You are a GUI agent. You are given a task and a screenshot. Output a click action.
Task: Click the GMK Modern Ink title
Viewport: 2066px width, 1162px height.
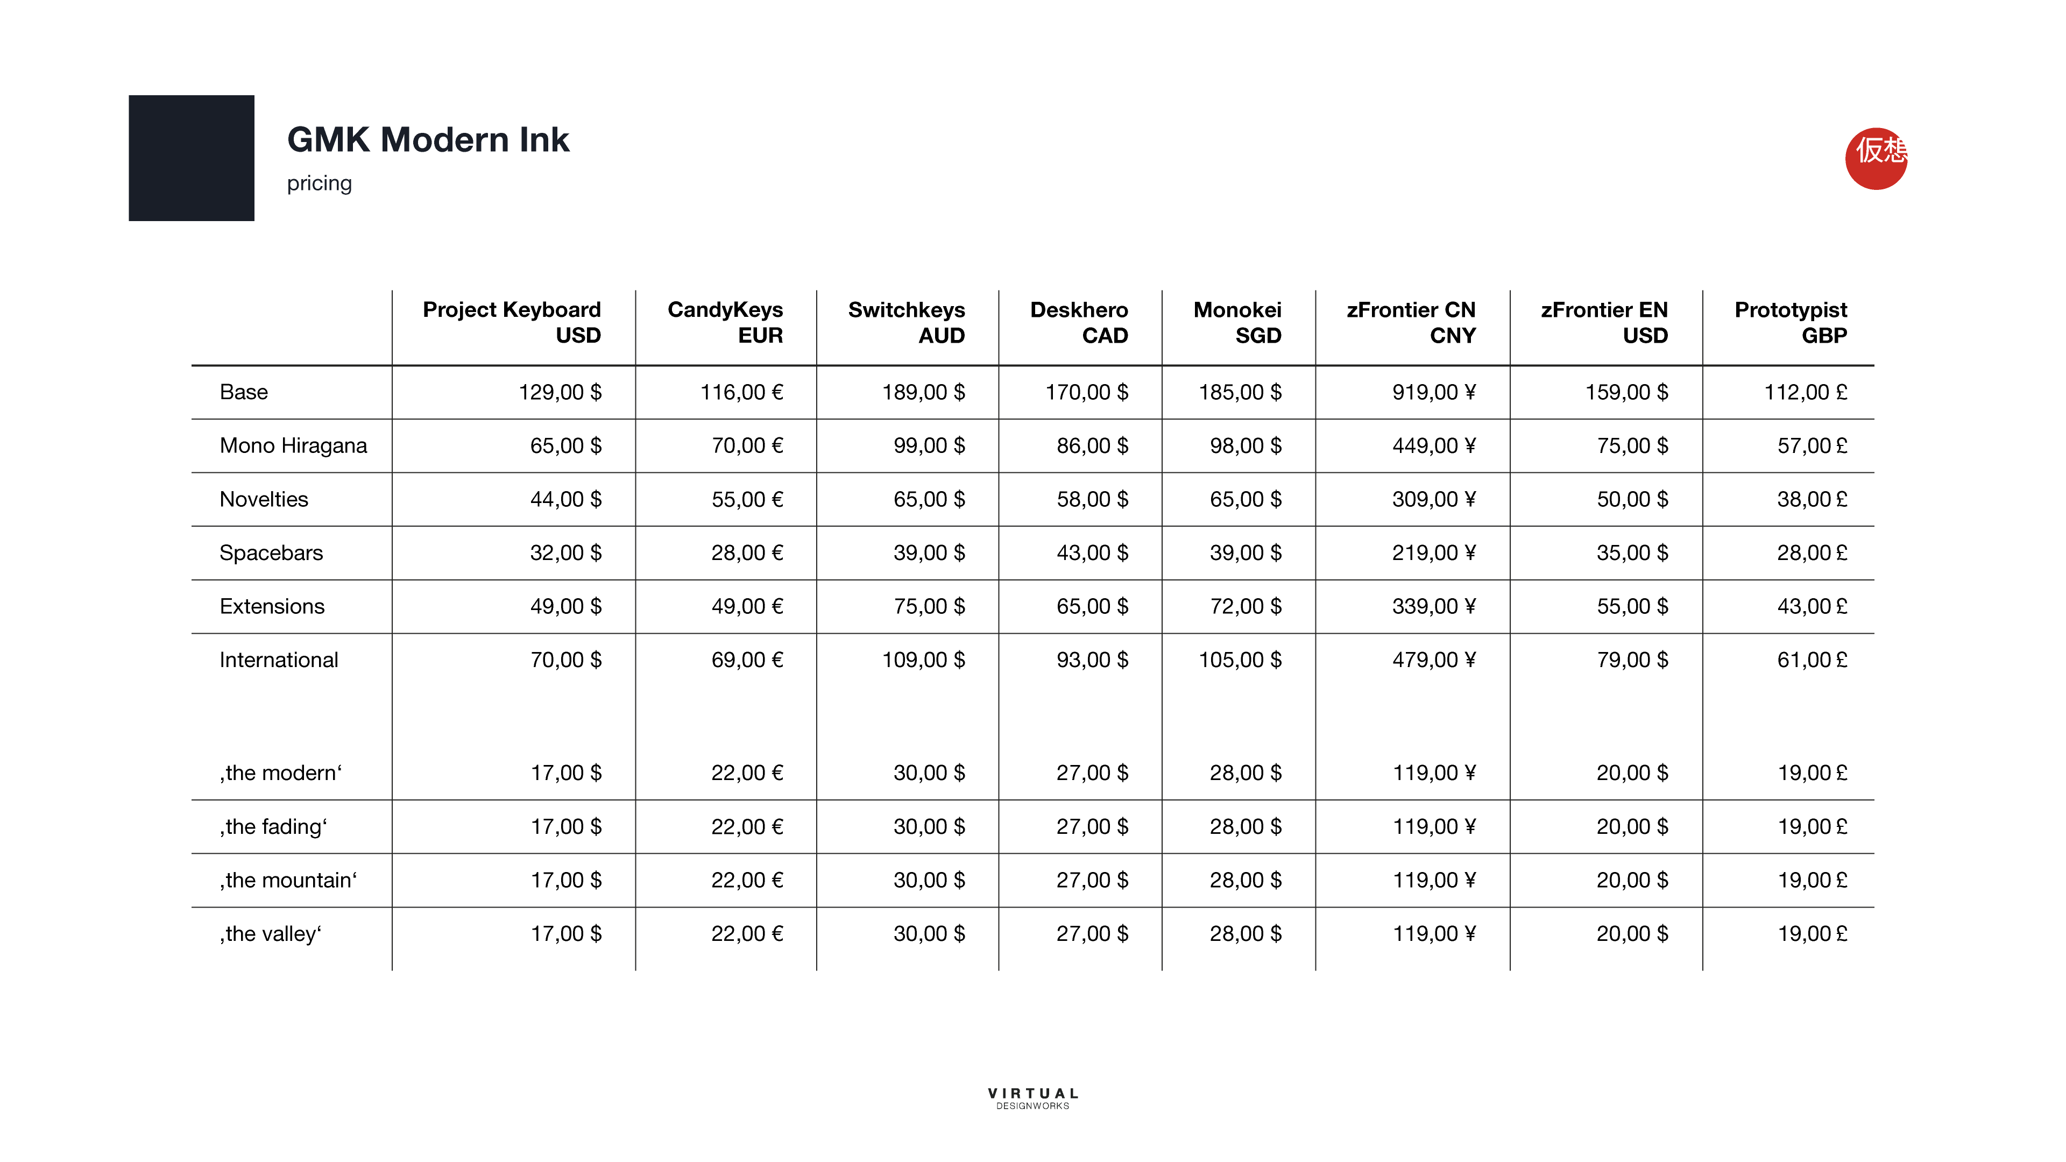(x=428, y=139)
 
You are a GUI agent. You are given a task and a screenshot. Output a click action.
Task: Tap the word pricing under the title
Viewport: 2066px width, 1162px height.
(x=319, y=183)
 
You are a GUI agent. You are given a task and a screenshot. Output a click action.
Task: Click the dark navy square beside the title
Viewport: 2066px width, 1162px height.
(x=191, y=158)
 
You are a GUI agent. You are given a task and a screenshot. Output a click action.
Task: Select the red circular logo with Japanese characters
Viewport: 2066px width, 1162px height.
(x=1876, y=158)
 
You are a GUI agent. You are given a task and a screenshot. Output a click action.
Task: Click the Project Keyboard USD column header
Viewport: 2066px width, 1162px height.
(x=512, y=322)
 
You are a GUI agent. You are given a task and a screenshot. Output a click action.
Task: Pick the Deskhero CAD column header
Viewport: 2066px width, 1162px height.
(x=1079, y=322)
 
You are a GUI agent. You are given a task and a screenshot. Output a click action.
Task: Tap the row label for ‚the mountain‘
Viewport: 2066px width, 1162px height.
(x=288, y=881)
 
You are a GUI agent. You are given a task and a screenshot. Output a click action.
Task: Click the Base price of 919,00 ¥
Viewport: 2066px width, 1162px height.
(x=1433, y=392)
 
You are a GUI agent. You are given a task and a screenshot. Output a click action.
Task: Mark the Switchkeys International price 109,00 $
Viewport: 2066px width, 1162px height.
(x=923, y=660)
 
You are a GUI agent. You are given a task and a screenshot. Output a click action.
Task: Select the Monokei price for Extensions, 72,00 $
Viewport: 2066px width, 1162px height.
(x=1245, y=606)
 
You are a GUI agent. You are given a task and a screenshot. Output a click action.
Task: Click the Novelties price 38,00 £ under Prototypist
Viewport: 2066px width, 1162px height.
(x=1812, y=500)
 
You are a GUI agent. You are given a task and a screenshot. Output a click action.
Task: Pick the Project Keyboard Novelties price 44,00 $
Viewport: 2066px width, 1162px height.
(x=565, y=500)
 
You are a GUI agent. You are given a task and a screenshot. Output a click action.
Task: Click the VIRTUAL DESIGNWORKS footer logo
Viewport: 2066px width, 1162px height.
(x=1033, y=1098)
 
